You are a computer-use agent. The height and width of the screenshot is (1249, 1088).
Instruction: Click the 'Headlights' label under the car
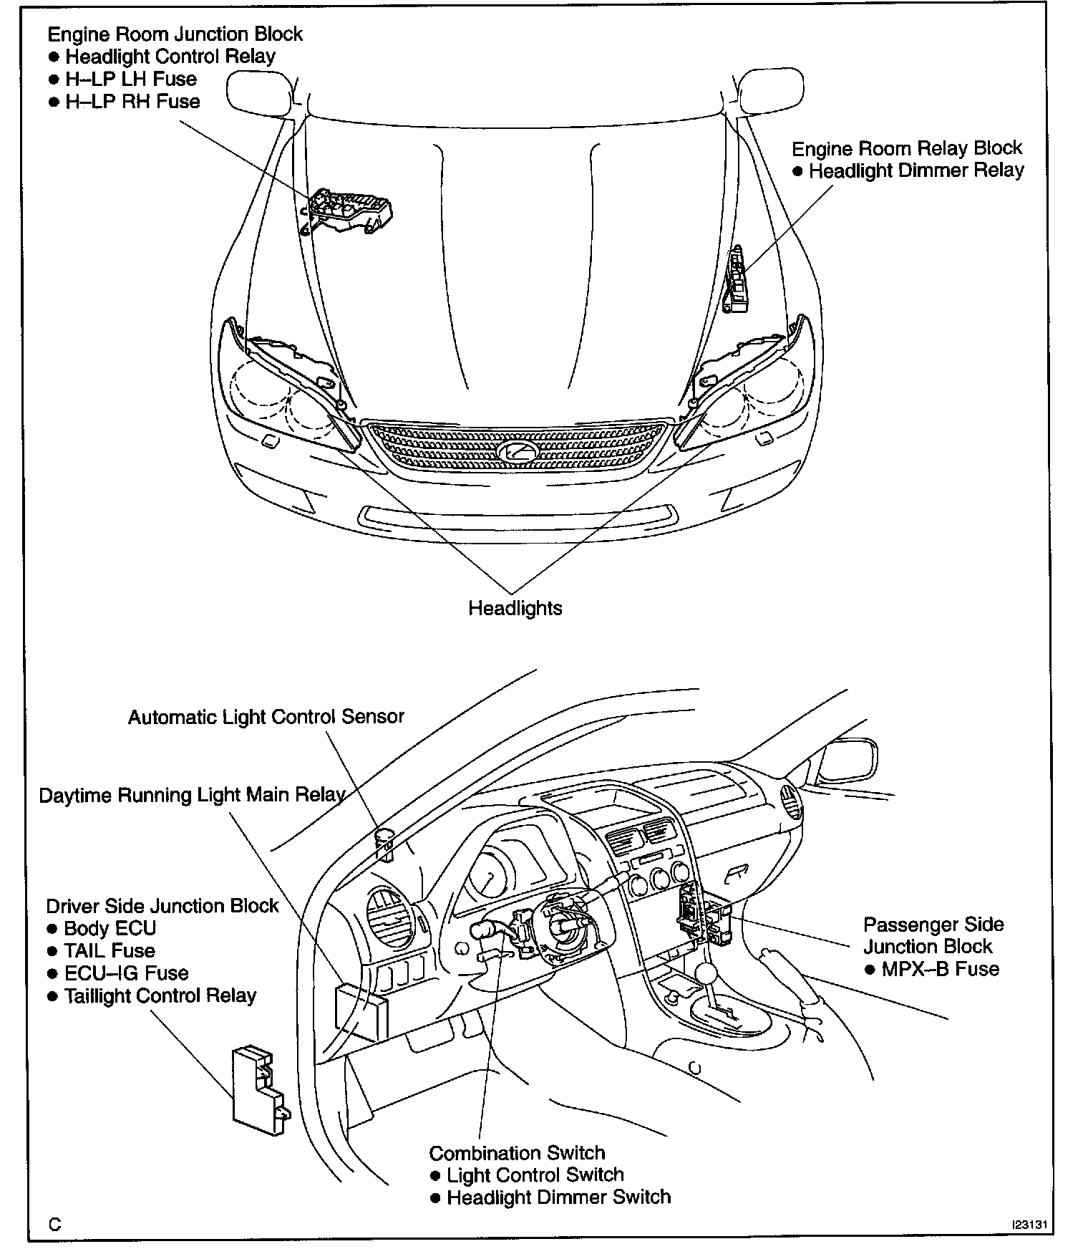(x=515, y=608)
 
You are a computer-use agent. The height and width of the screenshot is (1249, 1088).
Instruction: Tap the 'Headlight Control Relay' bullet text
(x=170, y=57)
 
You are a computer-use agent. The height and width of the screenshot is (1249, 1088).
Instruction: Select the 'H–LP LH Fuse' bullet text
(x=131, y=79)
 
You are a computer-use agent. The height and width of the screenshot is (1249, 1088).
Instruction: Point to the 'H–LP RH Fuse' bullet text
(x=132, y=102)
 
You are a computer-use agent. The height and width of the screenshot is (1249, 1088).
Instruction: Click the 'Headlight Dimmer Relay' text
(x=916, y=170)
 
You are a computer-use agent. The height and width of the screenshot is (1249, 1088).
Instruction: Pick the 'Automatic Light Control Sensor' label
(x=266, y=717)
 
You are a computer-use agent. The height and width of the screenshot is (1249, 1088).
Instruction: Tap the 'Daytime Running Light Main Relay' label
(x=192, y=796)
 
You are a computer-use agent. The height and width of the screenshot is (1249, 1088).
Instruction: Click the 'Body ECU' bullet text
(x=110, y=928)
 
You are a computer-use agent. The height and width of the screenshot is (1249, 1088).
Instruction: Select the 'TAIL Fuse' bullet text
(x=110, y=951)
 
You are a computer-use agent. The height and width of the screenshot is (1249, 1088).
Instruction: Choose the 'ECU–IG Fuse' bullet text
(x=126, y=973)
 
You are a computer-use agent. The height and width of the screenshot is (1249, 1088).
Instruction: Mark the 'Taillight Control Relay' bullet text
(x=160, y=995)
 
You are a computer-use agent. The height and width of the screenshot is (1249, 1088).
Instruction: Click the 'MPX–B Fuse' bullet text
(x=940, y=969)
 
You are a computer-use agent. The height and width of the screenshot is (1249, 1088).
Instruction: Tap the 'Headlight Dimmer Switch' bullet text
(x=558, y=1197)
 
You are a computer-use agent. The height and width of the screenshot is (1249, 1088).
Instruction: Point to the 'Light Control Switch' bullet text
(x=535, y=1175)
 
